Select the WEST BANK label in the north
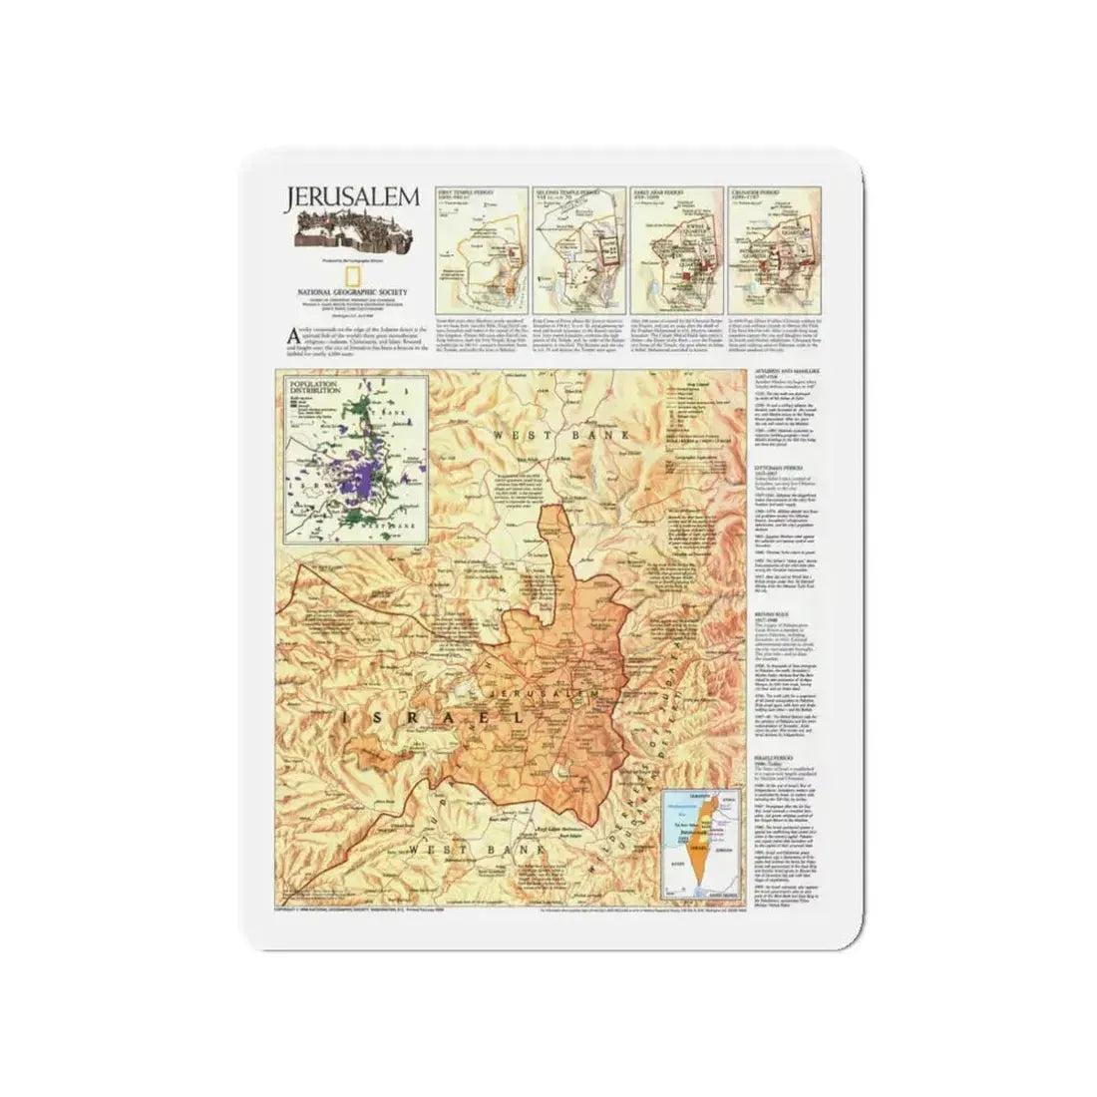coord(546,436)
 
